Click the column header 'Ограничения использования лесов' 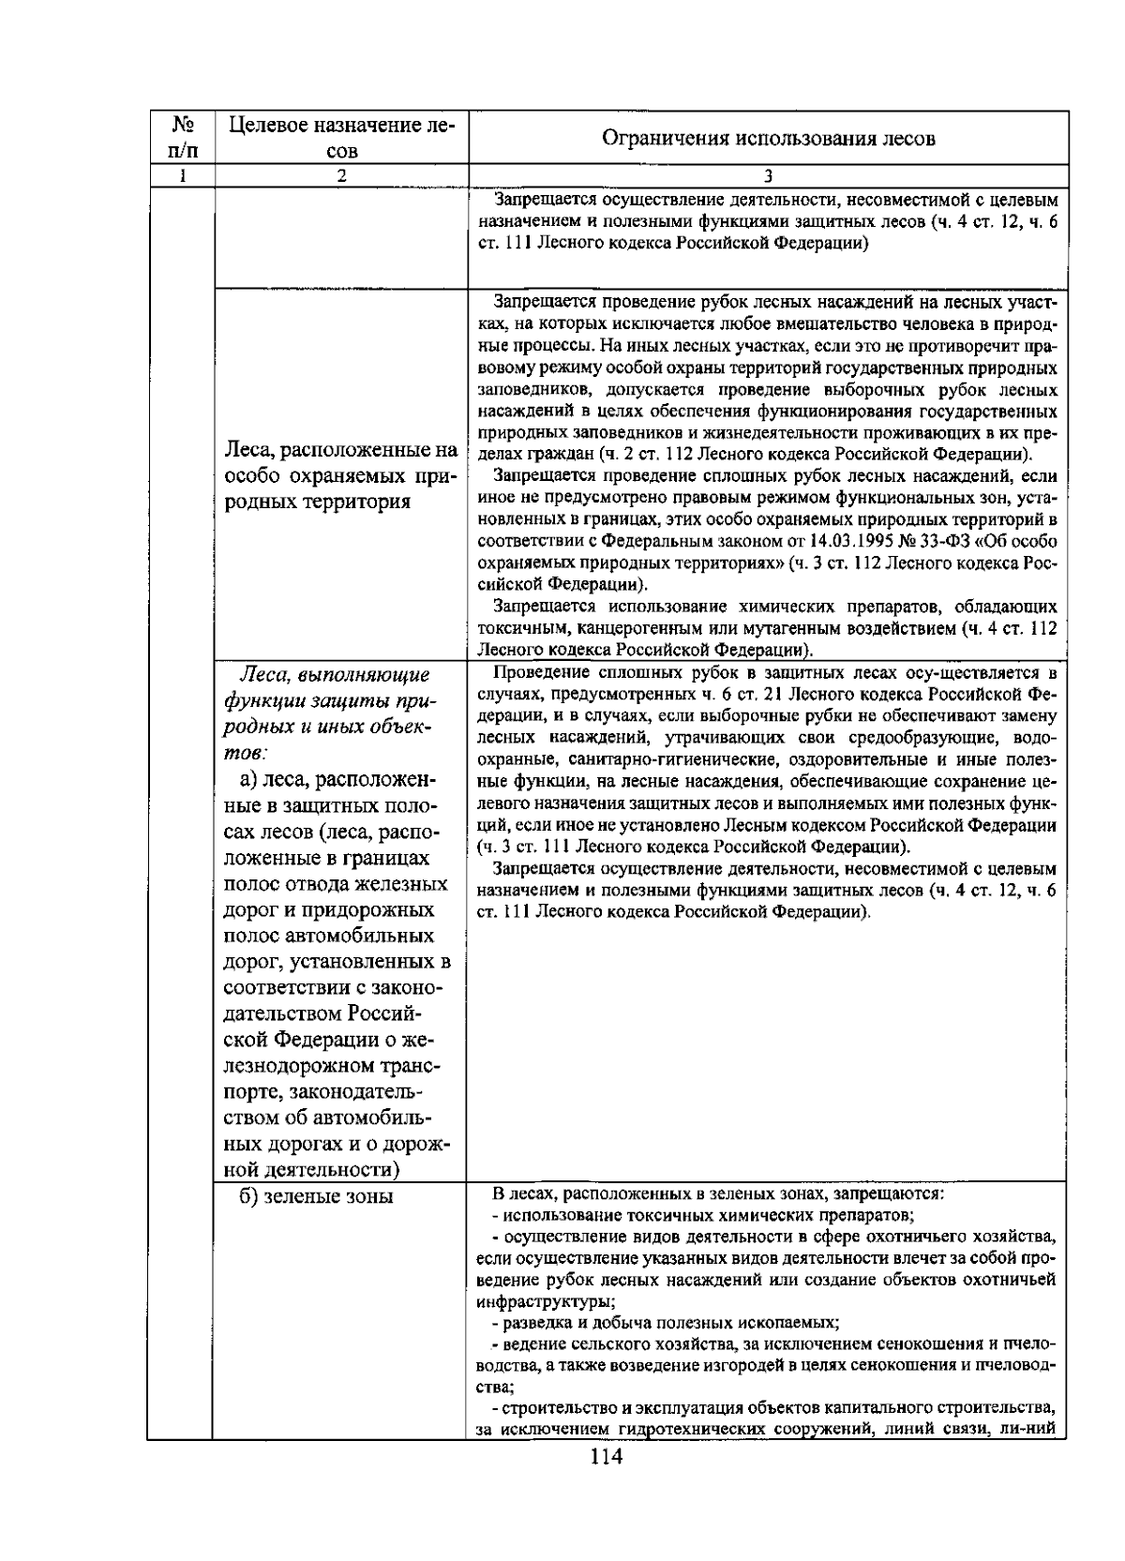point(768,140)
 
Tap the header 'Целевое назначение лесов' point(342,137)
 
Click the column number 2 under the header point(342,175)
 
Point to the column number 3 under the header point(768,175)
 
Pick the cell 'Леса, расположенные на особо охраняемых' point(342,476)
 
